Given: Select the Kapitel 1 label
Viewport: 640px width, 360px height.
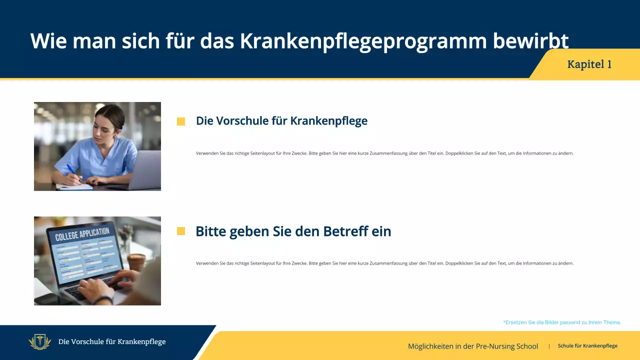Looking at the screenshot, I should pyautogui.click(x=589, y=64).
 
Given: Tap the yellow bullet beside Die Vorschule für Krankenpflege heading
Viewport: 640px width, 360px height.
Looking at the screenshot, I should pyautogui.click(x=181, y=121).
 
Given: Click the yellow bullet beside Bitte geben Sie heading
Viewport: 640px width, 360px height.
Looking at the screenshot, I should pyautogui.click(x=181, y=231).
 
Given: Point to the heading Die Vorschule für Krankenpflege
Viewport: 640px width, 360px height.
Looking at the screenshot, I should pyautogui.click(x=281, y=121).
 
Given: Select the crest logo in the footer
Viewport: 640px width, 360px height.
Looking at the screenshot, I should pyautogui.click(x=40, y=342).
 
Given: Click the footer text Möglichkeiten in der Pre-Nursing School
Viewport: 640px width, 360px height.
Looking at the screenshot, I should pyautogui.click(x=472, y=346).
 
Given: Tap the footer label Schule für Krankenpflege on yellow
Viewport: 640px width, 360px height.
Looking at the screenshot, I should pyautogui.click(x=587, y=346).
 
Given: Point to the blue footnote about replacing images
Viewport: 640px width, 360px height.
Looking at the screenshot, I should pyautogui.click(x=562, y=322).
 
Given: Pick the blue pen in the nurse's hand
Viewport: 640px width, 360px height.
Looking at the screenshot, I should pyautogui.click(x=71, y=170).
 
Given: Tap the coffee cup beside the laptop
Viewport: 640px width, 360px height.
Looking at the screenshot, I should pyautogui.click(x=136, y=261).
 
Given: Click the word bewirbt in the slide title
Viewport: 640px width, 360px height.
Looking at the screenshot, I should pyautogui.click(x=530, y=41).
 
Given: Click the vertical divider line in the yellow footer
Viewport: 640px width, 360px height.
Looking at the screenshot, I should pyautogui.click(x=549, y=346).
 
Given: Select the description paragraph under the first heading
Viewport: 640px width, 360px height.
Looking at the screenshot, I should pyautogui.click(x=384, y=153).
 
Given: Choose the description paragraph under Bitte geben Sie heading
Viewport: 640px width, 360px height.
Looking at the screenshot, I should pyautogui.click(x=384, y=263).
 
